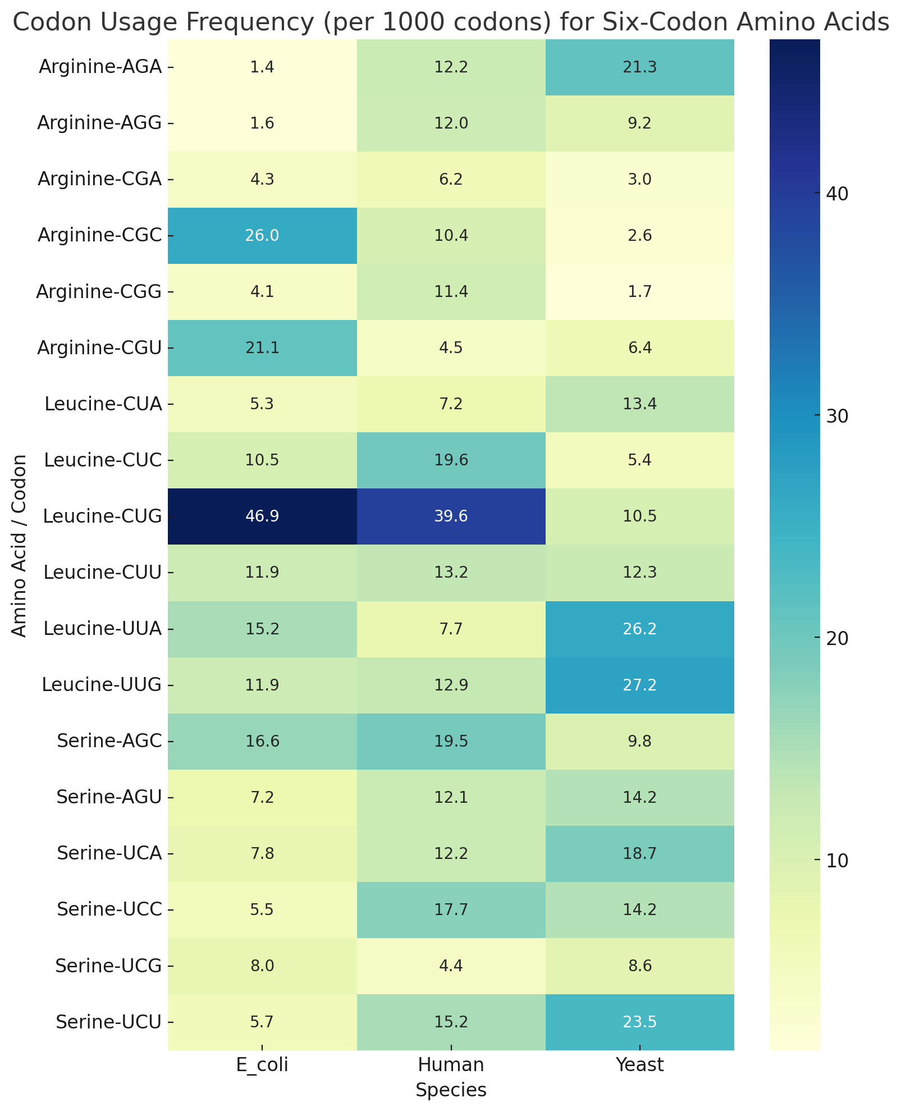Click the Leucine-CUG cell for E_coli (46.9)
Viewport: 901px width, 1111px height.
[262, 516]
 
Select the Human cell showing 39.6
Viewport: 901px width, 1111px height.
[451, 516]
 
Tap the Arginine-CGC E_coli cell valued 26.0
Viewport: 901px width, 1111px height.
[262, 236]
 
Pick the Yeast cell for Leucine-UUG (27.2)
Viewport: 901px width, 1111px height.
[639, 685]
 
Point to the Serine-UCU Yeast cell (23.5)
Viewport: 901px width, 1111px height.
[639, 1022]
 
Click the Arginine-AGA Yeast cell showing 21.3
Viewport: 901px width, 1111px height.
[639, 67]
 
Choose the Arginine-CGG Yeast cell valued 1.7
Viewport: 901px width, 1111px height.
[639, 292]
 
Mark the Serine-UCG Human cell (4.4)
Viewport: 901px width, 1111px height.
[451, 966]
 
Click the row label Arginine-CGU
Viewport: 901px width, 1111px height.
[99, 348]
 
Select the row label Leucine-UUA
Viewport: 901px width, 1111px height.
[103, 629]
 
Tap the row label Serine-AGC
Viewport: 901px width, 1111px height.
[109, 741]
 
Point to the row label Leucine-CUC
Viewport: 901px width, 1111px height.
[103, 460]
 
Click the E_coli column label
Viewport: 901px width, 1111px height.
[262, 1065]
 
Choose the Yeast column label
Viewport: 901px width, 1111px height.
[639, 1065]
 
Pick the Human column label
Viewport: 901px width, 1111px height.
[451, 1065]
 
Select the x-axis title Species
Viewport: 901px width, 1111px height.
[451, 1090]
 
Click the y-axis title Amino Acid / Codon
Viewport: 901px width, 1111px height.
[20, 545]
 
